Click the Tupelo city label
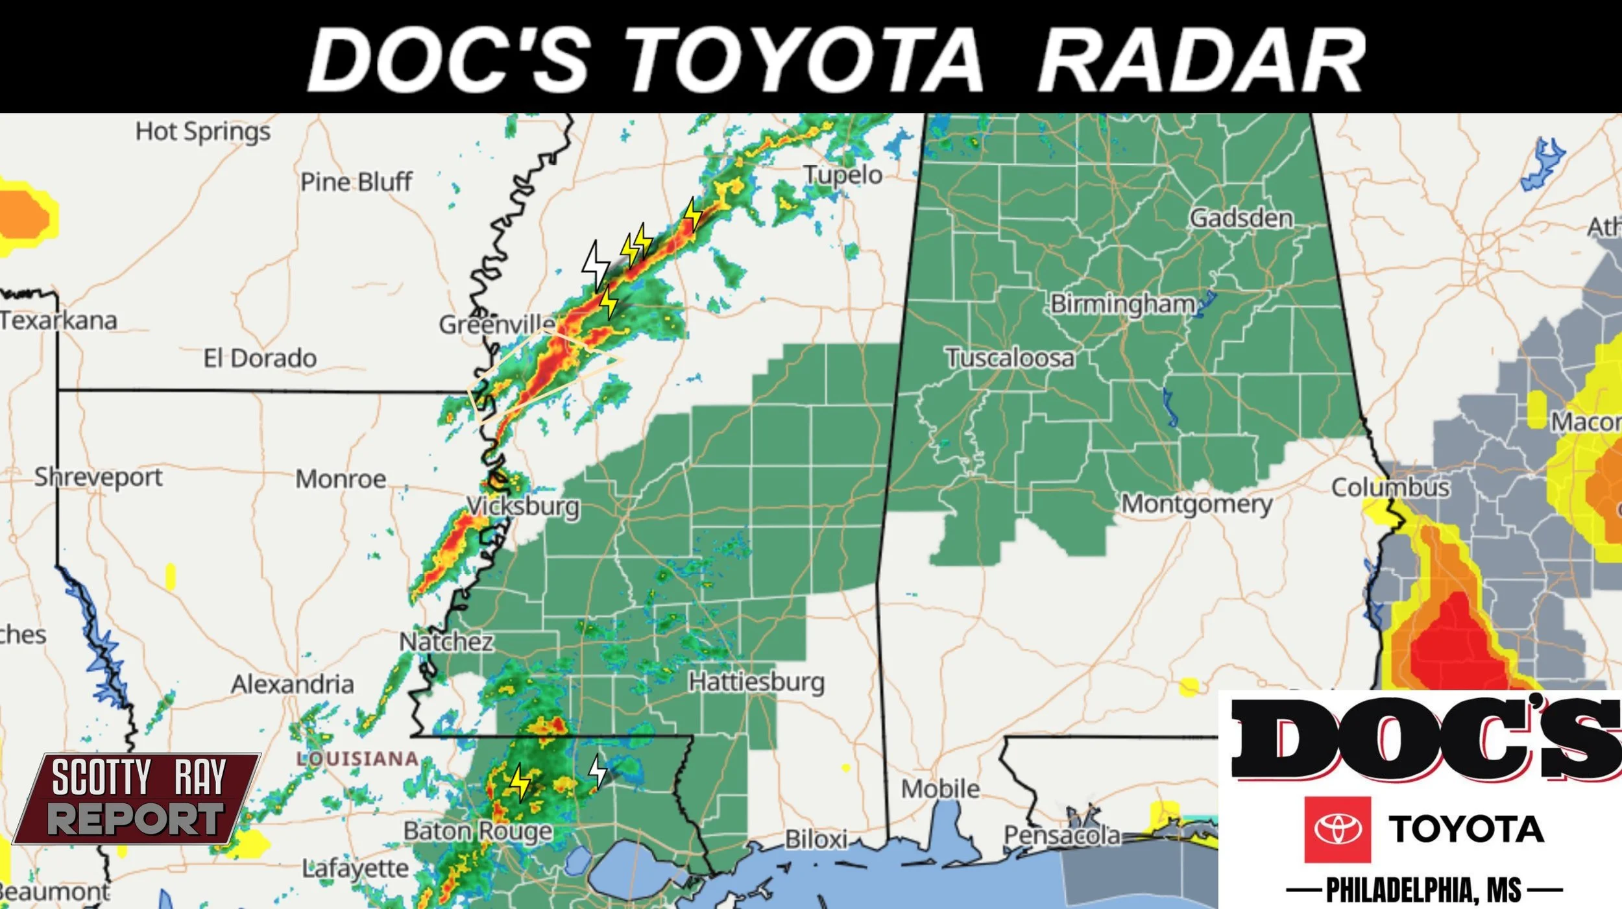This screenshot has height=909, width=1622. pos(843,175)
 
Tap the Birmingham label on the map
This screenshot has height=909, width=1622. pos(1122,304)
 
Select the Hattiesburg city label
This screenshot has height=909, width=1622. pos(756,682)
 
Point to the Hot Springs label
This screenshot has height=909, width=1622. pos(202,132)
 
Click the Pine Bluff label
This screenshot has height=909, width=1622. pos(356,182)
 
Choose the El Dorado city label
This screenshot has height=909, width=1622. pos(260,358)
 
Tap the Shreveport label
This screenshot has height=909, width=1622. pos(98,478)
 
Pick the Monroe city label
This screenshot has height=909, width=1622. pos(341,479)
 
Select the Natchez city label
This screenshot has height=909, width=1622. pos(446,642)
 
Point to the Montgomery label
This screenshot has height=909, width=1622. pos(1196,503)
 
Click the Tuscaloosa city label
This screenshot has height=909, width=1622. pos(1010,358)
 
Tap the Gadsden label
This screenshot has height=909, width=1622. pos(1241,218)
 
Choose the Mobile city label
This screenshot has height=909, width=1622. pos(940,789)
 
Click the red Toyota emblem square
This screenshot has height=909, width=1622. pos(1337,829)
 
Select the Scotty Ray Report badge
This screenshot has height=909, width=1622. pos(138,798)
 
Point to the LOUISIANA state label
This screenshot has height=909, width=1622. pos(357,758)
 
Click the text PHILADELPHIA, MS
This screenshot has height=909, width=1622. pos(1423,890)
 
